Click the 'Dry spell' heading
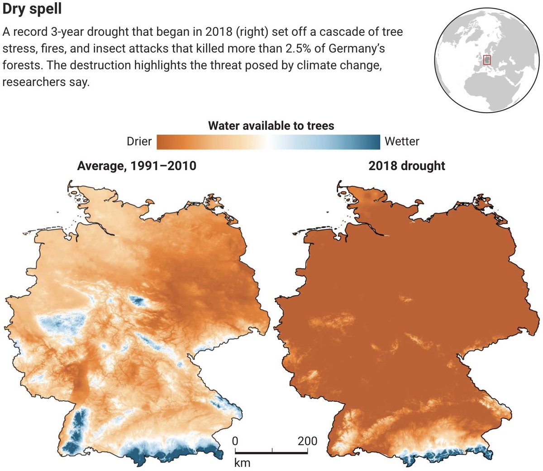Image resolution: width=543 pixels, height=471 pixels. pos(32,9)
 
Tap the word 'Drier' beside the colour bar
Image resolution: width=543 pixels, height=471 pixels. pos(139,141)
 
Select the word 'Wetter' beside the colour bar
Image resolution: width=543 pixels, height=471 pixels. pos(402,141)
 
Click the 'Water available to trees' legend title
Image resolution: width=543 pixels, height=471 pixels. pos(271,125)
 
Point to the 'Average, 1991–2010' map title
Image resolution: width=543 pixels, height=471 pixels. pos(137,166)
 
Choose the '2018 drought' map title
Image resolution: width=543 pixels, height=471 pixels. pos(407,166)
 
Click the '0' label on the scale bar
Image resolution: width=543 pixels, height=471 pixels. pos(235,441)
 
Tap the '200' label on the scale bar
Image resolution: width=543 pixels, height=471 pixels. pos(307,441)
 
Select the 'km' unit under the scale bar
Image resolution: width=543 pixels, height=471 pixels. pos(242,462)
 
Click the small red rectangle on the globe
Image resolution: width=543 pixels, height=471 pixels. pos(487,60)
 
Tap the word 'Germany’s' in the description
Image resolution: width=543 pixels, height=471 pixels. pos(360,48)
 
